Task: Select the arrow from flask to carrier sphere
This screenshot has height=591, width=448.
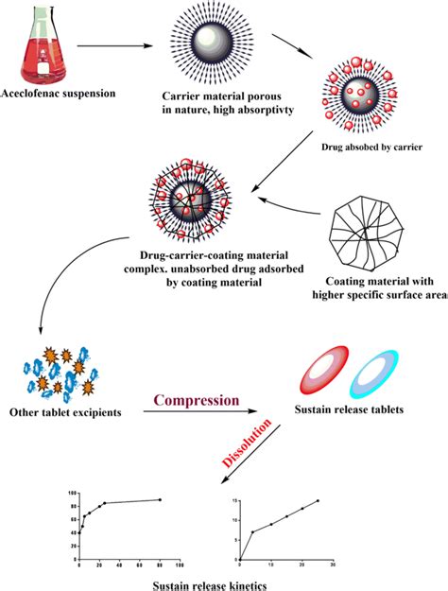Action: tap(111, 43)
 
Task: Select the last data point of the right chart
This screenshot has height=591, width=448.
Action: tap(318, 500)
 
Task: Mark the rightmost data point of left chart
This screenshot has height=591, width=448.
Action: tap(160, 499)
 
